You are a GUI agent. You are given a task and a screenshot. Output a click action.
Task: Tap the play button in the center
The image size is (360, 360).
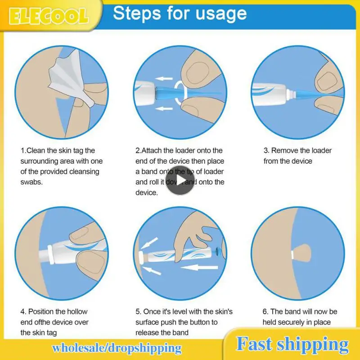coord(180,180)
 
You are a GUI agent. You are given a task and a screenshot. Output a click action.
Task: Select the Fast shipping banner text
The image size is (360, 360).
coord(292,344)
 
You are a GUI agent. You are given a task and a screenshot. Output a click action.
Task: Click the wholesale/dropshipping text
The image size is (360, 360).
coord(117,348)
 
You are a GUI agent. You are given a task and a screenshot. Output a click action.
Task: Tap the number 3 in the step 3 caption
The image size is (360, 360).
coord(266,151)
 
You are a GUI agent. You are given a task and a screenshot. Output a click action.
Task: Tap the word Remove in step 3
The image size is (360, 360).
coord(284,151)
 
